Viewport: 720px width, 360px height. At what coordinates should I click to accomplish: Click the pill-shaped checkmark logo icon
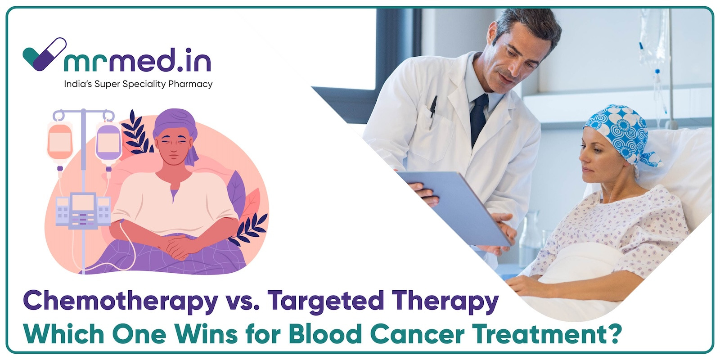click(x=45, y=54)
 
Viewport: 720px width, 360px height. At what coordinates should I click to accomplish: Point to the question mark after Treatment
click(x=613, y=334)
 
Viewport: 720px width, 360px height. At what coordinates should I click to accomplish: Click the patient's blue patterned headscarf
click(x=622, y=135)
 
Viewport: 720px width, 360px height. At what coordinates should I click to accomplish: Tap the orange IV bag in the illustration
click(x=60, y=141)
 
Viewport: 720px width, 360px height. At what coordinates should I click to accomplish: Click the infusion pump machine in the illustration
click(x=83, y=211)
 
